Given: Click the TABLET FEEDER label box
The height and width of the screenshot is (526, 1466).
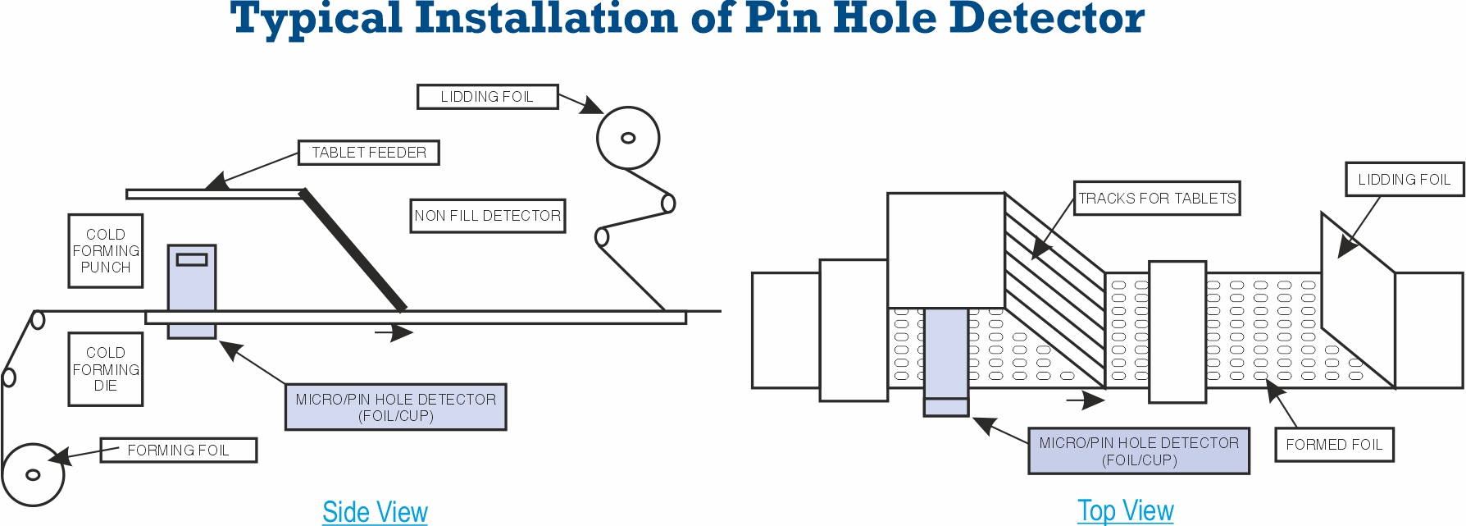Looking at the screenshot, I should (x=368, y=153).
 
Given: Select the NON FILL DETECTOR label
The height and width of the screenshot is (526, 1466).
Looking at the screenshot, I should (x=487, y=216).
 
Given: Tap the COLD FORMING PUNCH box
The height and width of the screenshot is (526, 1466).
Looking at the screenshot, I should (x=106, y=251).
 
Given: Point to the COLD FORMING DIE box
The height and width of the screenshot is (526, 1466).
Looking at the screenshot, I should (x=106, y=369).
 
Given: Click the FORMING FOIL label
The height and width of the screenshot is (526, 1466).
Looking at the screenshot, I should (x=178, y=451).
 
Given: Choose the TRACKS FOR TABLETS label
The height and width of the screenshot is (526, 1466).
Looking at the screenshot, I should (x=1156, y=199).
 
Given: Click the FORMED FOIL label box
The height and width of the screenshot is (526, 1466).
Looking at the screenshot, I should (x=1333, y=445).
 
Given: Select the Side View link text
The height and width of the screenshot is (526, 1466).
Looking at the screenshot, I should (x=375, y=512).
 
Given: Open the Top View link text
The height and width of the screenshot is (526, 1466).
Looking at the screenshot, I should (x=1125, y=510).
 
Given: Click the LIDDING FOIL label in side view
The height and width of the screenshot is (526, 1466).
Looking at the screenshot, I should (x=487, y=97).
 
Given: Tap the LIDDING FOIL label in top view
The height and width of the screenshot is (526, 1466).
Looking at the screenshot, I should (x=1404, y=180).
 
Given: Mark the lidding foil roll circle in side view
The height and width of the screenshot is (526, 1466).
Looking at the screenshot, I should (x=628, y=138).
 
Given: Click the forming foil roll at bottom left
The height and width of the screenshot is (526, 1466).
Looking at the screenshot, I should (x=33, y=474).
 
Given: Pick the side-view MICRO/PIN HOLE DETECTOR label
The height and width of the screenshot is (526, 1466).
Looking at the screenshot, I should (x=395, y=407).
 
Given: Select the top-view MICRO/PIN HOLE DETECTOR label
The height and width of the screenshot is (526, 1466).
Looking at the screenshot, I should (x=1138, y=451).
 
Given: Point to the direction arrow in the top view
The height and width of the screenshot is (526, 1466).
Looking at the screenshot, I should (x=1086, y=400).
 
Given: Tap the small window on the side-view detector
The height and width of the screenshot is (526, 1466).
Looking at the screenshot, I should (x=192, y=259).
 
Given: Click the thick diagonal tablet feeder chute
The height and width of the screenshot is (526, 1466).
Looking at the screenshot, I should (x=353, y=250).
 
